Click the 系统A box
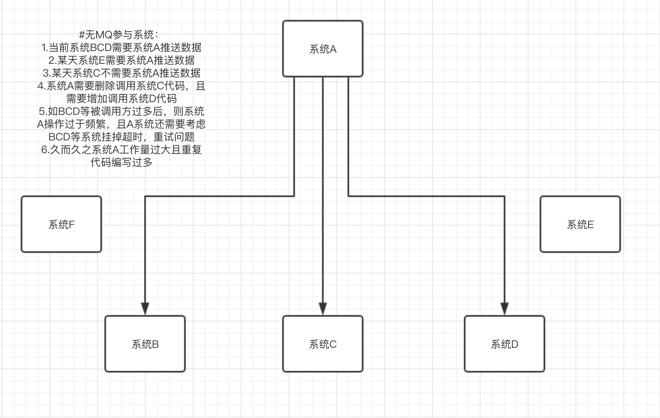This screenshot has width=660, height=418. point(323,49)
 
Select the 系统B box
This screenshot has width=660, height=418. point(145,344)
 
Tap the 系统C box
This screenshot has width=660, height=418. point(323,344)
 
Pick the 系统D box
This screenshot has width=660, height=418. point(505,344)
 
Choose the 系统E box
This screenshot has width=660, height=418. point(580,224)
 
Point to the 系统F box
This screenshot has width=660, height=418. point(61,224)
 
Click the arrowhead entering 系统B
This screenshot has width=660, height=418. point(145,309)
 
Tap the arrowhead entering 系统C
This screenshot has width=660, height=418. point(323,309)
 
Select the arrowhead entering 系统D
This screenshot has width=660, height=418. point(505,309)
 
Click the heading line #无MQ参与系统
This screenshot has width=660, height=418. point(119,35)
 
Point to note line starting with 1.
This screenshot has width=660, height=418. point(122,47)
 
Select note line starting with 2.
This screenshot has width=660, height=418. point(122,60)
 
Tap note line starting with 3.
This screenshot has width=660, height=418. point(122,73)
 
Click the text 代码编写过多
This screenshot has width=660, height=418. point(122,162)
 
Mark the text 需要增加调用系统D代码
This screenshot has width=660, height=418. point(122,99)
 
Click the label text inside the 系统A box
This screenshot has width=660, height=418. point(323,49)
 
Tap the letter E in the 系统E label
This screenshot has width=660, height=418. point(591,225)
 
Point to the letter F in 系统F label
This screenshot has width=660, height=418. point(72,225)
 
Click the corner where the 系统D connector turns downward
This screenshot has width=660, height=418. point(505,196)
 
